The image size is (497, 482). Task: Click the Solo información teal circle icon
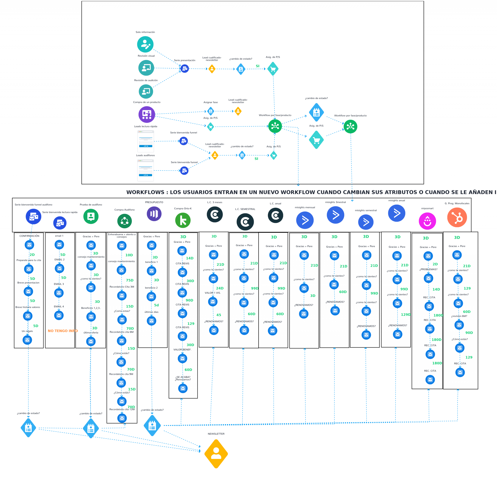145,44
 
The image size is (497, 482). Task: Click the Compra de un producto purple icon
147,114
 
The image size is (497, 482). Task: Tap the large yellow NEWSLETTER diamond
216,454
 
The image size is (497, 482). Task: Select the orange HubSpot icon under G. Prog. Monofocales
457,218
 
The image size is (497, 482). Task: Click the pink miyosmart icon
427,221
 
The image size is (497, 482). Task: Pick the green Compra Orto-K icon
183,220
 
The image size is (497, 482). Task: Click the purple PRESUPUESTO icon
154,214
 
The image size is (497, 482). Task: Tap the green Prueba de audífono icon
91,216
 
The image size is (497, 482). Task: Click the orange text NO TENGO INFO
63,331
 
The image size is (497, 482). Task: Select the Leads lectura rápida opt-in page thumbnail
146,141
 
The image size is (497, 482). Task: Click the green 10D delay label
129,255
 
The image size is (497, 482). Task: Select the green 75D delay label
129,280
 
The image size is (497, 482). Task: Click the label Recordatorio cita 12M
122,409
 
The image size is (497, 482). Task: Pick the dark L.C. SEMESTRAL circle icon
245,222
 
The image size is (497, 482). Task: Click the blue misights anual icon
397,213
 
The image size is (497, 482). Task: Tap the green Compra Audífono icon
124,221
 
